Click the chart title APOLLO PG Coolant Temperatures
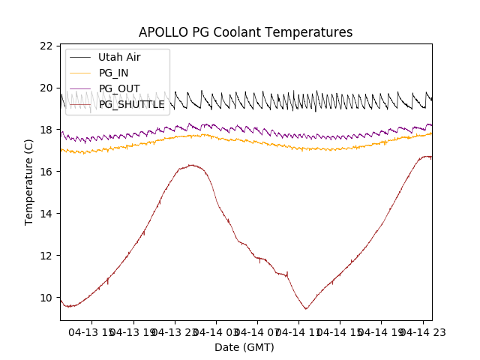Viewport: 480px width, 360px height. tap(245, 32)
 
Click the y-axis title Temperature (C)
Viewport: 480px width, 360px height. tap(29, 181)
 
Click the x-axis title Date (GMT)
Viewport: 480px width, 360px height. tap(244, 347)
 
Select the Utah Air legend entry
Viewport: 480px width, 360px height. tap(118, 57)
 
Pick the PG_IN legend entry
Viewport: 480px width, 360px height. tap(112, 73)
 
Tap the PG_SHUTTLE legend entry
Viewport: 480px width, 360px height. tap(131, 104)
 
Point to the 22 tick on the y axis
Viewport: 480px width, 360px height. tap(46, 46)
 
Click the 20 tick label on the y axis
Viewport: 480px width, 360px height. tap(46, 88)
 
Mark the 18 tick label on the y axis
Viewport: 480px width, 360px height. tap(46, 130)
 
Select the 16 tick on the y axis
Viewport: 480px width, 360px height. tap(46, 172)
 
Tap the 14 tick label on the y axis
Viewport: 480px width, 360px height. tap(46, 214)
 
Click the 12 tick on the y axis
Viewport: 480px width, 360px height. tap(46, 256)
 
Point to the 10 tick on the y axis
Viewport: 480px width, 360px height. tap(46, 298)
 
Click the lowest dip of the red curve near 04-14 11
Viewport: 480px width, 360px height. tap(306, 309)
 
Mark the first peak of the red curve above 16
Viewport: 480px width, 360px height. tap(192, 165)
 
